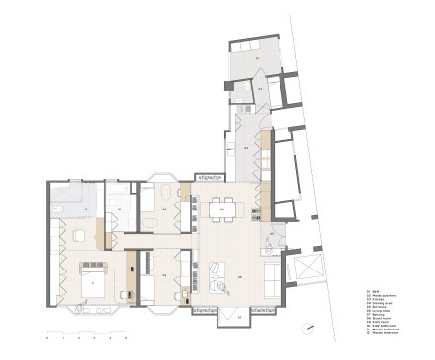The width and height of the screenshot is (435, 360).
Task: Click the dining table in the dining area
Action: [x=222, y=209]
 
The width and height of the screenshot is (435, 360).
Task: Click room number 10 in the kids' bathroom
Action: [x=115, y=208]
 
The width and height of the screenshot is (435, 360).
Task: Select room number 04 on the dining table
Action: [x=222, y=209]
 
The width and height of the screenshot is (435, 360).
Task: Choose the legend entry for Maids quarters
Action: [x=384, y=294]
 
